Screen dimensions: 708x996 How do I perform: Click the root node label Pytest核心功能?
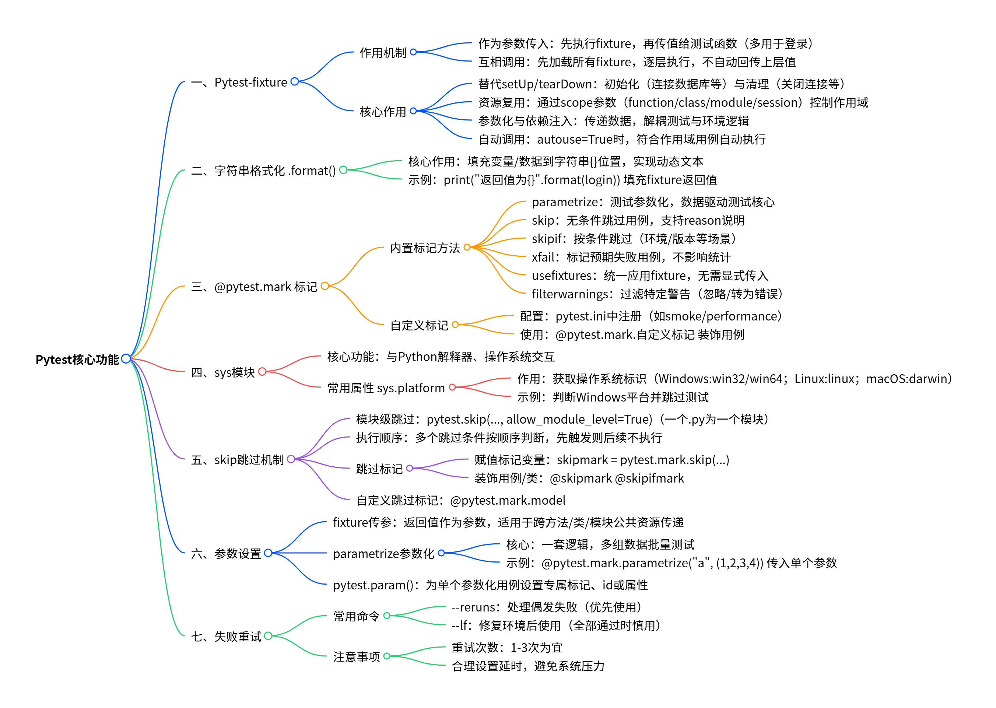pos(77,360)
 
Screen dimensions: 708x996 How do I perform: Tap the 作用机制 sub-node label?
pos(382,53)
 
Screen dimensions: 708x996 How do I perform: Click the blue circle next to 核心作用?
pos(413,111)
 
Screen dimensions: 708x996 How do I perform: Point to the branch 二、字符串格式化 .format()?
pos(263,171)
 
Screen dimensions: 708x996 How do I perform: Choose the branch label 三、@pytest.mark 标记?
pos(254,287)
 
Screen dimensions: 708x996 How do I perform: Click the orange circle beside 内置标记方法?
pos(467,247)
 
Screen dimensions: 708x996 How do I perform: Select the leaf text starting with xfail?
pos(631,257)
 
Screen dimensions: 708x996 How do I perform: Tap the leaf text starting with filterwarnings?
pos(657,294)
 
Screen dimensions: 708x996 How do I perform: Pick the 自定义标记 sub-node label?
pos(418,325)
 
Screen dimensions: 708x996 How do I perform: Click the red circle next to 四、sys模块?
pos(262,371)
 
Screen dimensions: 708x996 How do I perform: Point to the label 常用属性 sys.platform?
pos(386,388)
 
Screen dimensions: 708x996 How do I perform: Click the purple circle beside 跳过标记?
pos(409,468)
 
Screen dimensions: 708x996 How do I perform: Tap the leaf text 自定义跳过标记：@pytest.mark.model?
pos(461,500)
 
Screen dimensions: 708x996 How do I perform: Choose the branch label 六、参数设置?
pos(226,553)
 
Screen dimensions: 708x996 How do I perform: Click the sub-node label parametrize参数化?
pos(383,553)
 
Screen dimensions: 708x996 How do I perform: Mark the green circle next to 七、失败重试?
pos(268,636)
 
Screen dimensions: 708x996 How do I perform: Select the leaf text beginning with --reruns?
pos(547,607)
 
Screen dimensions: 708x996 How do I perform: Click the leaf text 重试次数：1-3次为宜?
pos(507,647)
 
